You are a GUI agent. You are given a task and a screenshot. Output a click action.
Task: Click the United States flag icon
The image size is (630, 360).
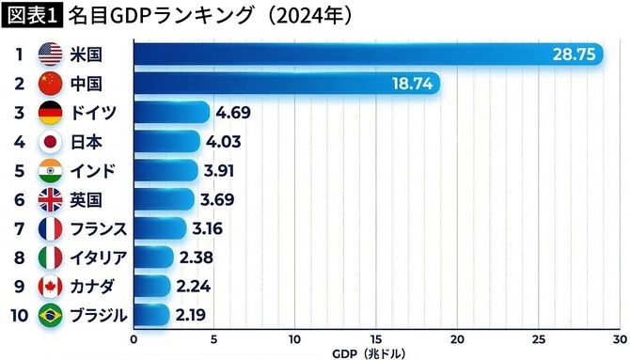click(50, 55)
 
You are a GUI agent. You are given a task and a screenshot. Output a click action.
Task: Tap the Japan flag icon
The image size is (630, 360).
click(50, 142)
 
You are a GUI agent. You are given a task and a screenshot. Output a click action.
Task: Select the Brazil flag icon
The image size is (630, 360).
click(50, 315)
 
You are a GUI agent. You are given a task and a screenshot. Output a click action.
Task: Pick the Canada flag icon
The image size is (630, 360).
click(50, 286)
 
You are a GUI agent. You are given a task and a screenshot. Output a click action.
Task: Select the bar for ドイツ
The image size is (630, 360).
click(170, 113)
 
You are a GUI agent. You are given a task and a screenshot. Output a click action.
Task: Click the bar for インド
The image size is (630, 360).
click(165, 170)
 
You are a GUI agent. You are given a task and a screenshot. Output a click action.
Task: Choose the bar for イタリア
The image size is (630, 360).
click(153, 257)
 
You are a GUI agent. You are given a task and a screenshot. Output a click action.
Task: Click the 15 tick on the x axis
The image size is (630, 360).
click(377, 337)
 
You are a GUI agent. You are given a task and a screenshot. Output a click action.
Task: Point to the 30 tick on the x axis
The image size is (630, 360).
click(620, 337)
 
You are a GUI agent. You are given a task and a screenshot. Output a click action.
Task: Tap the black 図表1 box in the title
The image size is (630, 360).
click(32, 16)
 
